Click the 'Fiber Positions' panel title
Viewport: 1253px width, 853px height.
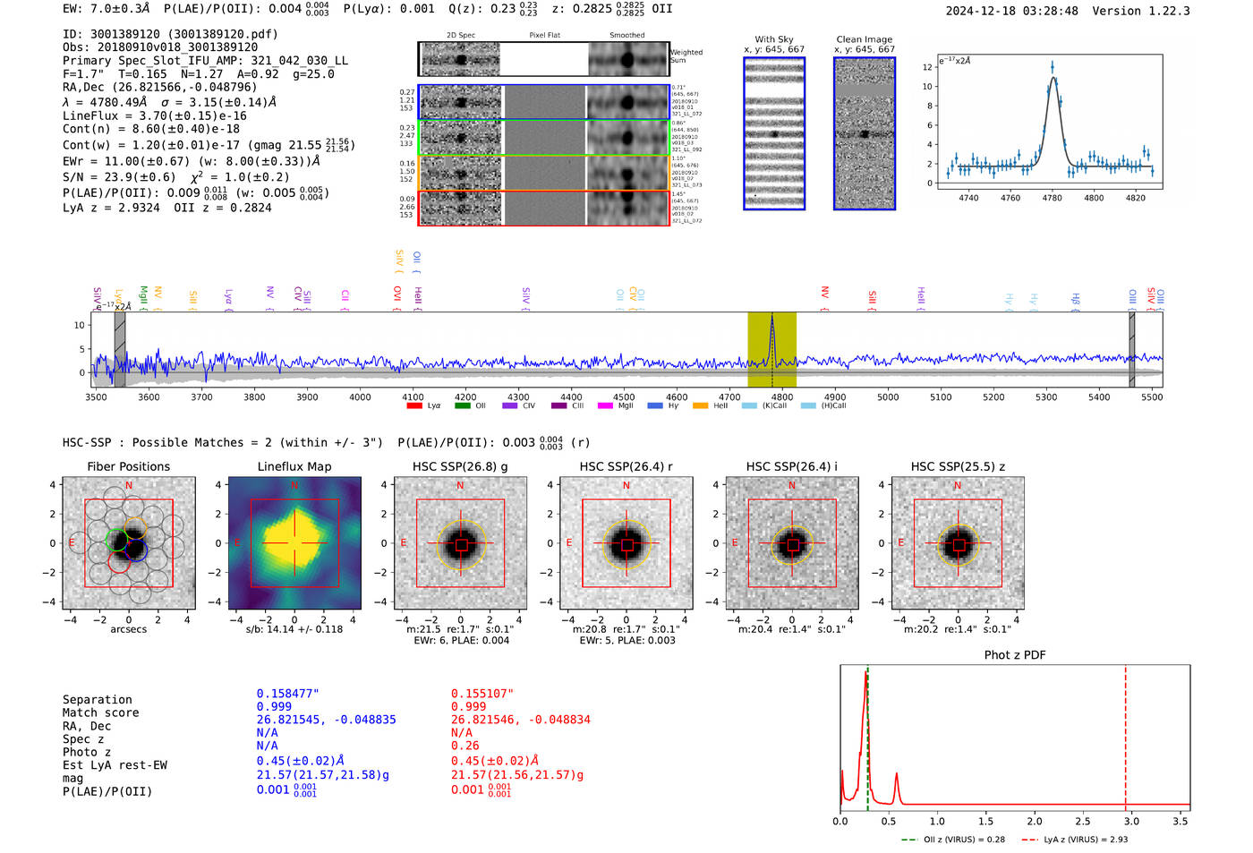128,466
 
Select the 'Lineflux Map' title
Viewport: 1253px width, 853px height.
294,466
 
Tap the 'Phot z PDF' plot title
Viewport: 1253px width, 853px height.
1015,655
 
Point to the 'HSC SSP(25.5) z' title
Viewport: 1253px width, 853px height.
958,466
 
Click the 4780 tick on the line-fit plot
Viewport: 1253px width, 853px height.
1052,198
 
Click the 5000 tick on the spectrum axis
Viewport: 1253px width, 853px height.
888,397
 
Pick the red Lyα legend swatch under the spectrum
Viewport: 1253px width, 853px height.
414,406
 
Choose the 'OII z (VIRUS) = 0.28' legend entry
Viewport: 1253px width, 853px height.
952,840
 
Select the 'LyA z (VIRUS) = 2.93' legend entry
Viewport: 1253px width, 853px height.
1084,840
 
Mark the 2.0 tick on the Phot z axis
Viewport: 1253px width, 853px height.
1035,821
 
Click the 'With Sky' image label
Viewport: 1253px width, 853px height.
774,39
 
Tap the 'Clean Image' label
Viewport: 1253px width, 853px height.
864,39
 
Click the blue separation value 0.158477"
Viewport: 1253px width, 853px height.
287,694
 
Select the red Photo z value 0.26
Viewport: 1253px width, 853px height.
465,746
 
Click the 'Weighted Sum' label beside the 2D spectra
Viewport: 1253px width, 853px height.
686,55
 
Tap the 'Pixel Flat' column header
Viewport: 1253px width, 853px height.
544,35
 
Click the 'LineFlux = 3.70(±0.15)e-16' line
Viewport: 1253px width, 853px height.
155,115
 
